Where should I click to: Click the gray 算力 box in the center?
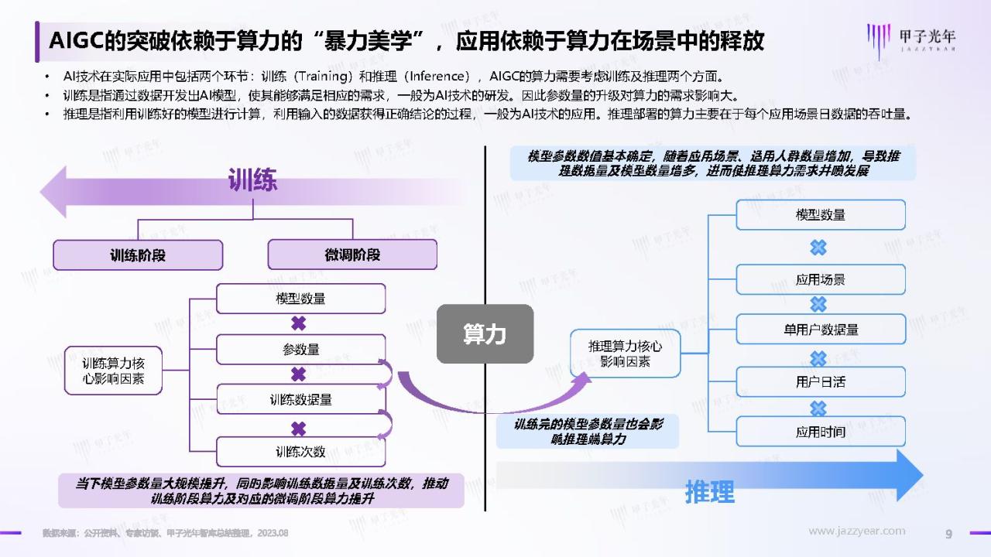click(x=485, y=333)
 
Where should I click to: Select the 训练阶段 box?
click(x=138, y=255)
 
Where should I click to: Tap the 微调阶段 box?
click(x=352, y=255)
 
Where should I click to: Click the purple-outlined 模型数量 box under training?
click(x=301, y=299)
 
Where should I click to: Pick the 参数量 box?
click(x=301, y=350)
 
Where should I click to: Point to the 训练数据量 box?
click(x=301, y=400)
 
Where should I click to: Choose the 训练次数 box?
click(x=301, y=451)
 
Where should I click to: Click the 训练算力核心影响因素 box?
click(x=113, y=371)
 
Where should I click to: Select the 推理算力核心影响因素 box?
click(x=625, y=354)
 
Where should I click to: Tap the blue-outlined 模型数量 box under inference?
click(x=821, y=215)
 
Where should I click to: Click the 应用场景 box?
click(x=821, y=279)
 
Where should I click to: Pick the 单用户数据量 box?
click(x=821, y=330)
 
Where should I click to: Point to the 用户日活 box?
click(x=821, y=381)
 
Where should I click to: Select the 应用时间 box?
click(x=821, y=432)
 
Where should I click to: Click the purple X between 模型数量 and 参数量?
click(x=299, y=323)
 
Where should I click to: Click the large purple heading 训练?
click(x=252, y=180)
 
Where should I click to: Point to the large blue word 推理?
click(x=710, y=491)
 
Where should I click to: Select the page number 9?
click(x=948, y=534)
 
